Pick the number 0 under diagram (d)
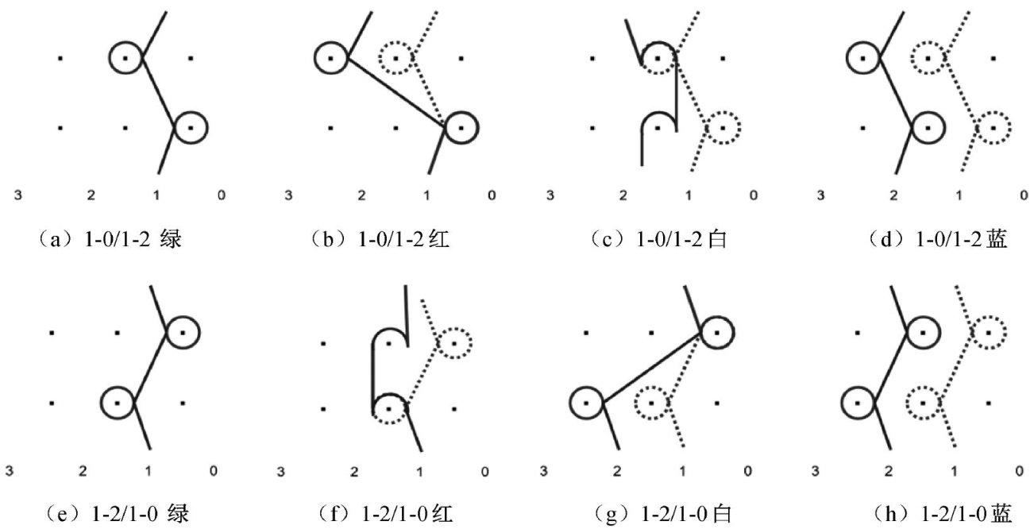1023,195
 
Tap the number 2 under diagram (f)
355,473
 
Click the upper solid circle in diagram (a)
126,57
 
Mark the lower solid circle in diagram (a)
191,127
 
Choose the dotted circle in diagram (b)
395,57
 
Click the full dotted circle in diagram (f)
453,342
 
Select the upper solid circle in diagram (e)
183,332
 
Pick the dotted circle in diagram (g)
651,402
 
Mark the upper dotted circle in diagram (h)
987,332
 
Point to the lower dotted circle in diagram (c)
723,127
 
